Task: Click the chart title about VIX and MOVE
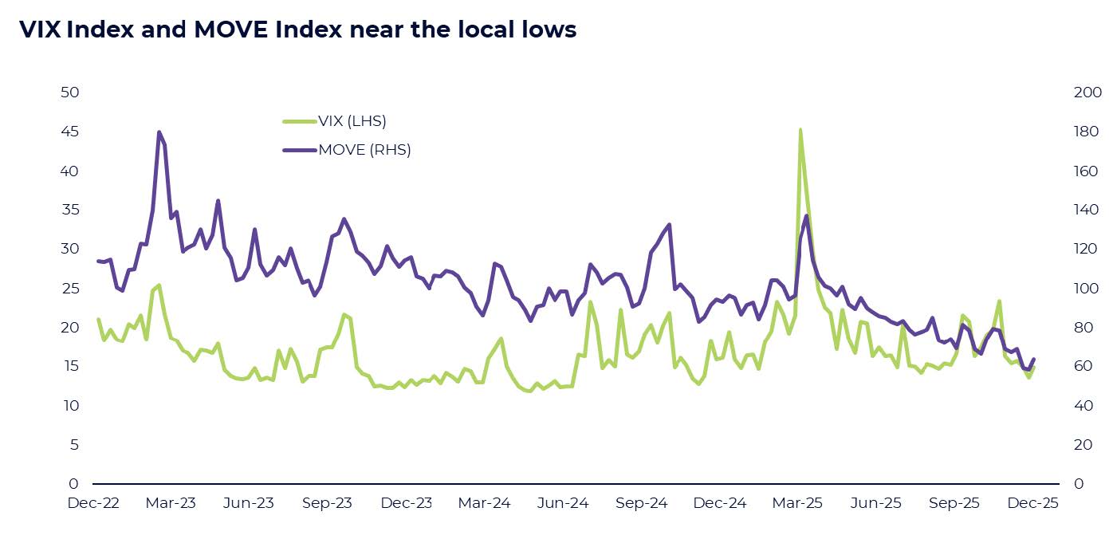(297, 30)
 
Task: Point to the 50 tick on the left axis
(70, 92)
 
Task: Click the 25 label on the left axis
(70, 288)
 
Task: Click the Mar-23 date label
(171, 504)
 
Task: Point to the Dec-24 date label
(720, 504)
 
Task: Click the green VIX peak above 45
(800, 130)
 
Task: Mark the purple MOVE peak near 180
(159, 132)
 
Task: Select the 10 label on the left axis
(70, 406)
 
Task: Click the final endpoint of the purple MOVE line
(1033, 359)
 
